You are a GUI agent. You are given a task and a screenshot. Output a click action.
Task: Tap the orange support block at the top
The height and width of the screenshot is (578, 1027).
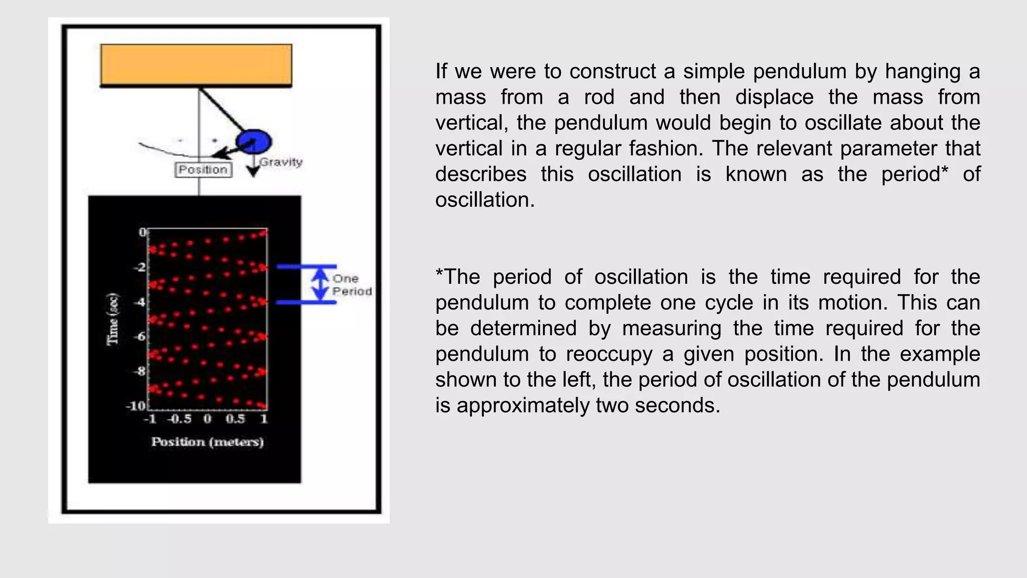click(196, 65)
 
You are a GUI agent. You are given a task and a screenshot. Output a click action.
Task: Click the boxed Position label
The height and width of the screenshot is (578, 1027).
click(203, 170)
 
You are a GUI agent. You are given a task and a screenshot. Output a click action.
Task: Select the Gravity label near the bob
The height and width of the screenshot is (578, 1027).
click(281, 162)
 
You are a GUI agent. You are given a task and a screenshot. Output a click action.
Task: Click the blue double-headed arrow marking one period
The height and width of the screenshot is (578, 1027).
click(320, 284)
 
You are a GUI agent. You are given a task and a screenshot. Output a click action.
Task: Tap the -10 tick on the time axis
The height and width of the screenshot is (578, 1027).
click(135, 405)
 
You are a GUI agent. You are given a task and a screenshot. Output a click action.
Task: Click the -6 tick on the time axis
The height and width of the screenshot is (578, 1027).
click(139, 336)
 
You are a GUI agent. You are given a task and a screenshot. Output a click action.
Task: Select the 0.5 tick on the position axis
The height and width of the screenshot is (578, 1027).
click(235, 419)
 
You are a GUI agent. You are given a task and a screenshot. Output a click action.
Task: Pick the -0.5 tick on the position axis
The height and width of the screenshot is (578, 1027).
click(180, 419)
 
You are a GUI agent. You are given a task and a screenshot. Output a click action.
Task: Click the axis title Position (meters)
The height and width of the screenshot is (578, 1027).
click(207, 442)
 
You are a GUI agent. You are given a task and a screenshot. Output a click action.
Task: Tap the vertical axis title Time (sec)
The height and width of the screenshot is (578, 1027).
click(113, 319)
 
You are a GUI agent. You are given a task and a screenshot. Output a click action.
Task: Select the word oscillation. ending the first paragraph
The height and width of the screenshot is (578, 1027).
click(484, 200)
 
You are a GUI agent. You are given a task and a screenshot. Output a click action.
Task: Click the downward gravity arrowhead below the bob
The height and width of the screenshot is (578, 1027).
click(254, 172)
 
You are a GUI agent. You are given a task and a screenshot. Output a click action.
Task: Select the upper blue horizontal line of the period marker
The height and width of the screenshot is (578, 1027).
click(306, 266)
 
